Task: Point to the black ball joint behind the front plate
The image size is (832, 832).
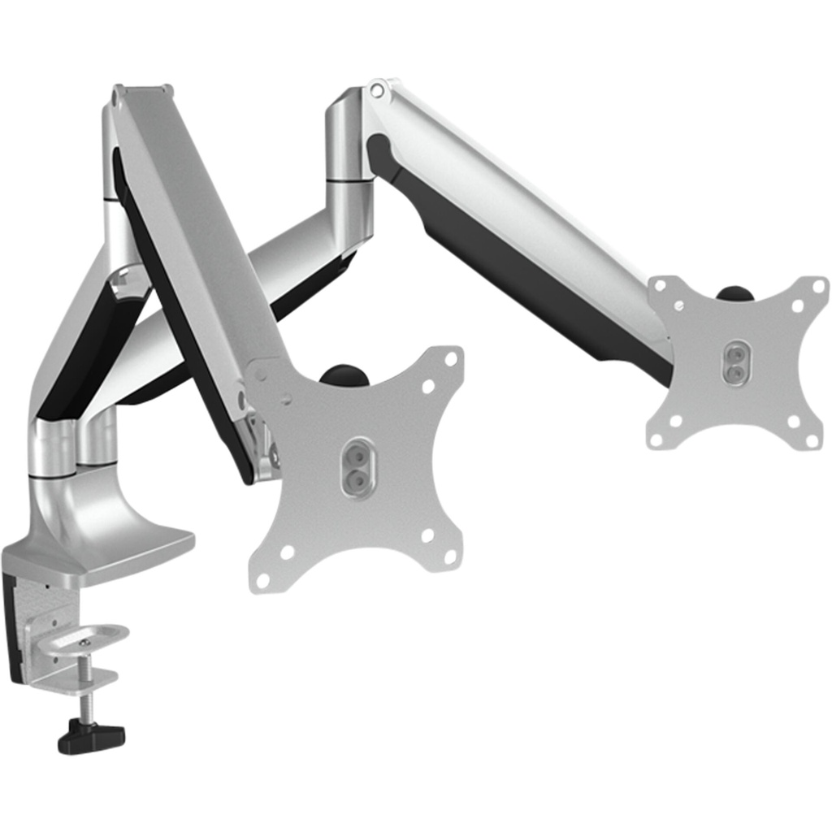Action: click(x=342, y=375)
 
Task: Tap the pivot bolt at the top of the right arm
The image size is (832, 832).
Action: click(x=376, y=90)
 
